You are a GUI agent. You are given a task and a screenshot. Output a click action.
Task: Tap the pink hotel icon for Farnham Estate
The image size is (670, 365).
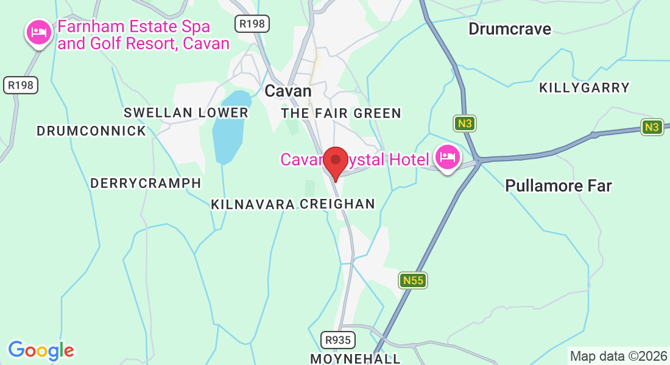pyautogui.click(x=39, y=32)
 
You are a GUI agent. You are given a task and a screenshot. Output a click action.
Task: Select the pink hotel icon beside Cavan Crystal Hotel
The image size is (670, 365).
pyautogui.click(x=448, y=158)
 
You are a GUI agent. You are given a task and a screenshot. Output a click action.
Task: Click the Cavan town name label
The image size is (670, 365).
pyautogui.click(x=288, y=91)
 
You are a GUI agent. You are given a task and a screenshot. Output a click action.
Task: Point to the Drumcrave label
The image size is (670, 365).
pyautogui.click(x=509, y=29)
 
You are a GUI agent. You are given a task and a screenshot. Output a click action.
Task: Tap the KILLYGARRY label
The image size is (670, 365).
pyautogui.click(x=584, y=88)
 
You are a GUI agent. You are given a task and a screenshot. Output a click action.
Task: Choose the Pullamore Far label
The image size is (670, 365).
pyautogui.click(x=558, y=186)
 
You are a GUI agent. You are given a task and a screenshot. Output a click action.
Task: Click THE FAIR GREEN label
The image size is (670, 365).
pyautogui.click(x=341, y=113)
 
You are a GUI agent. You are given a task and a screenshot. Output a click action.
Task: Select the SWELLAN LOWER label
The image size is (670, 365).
pyautogui.click(x=186, y=113)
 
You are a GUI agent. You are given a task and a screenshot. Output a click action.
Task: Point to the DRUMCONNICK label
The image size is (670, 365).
pyautogui.click(x=91, y=131)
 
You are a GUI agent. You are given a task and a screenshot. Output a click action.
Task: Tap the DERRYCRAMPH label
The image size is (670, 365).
pyautogui.click(x=146, y=183)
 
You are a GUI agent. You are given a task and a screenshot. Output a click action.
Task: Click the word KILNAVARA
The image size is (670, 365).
pyautogui.click(x=253, y=204)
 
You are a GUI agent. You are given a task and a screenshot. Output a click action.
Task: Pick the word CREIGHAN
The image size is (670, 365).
pyautogui.click(x=337, y=204)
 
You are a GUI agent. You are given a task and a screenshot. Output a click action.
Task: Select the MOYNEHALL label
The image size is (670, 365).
pyautogui.click(x=356, y=358)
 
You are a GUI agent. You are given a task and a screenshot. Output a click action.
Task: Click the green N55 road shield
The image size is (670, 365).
pyautogui.click(x=414, y=280)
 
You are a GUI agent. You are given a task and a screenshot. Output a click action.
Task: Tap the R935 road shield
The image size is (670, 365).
pyautogui.click(x=338, y=339)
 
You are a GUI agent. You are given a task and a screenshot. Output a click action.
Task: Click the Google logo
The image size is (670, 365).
pyautogui.click(x=41, y=350)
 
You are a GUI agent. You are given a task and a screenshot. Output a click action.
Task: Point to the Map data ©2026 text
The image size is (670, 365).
pyautogui.click(x=618, y=356)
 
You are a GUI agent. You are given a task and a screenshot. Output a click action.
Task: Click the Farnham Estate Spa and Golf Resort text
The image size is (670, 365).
pyautogui.click(x=143, y=35)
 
